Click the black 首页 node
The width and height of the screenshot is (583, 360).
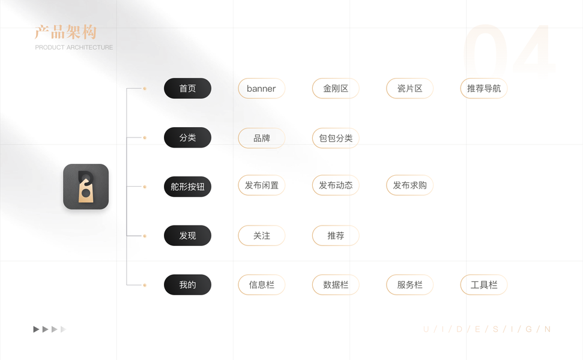point(187,88)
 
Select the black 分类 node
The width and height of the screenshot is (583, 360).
point(187,137)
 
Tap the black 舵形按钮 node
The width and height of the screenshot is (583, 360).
point(187,187)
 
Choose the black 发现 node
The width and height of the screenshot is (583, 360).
point(187,236)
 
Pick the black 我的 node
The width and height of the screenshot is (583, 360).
point(187,285)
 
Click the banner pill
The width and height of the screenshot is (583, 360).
point(261,88)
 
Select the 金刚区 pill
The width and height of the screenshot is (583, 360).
point(336,88)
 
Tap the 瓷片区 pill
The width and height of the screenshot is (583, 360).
point(409,88)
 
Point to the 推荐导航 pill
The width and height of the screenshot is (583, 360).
point(483,88)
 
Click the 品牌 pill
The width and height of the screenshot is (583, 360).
point(261,138)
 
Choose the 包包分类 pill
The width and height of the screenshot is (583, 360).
point(336,138)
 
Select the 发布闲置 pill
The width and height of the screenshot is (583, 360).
point(261,185)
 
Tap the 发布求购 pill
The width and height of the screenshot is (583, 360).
point(409,185)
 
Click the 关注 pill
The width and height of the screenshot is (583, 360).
point(261,236)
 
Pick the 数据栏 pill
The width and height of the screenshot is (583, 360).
point(336,285)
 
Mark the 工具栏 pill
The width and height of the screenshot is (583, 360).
point(483,285)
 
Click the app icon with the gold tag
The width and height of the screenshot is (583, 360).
point(86,187)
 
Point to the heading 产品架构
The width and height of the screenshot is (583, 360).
point(65,32)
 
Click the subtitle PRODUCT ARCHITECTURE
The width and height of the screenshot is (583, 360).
point(74,47)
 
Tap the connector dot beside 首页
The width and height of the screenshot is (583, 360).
point(145,88)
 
